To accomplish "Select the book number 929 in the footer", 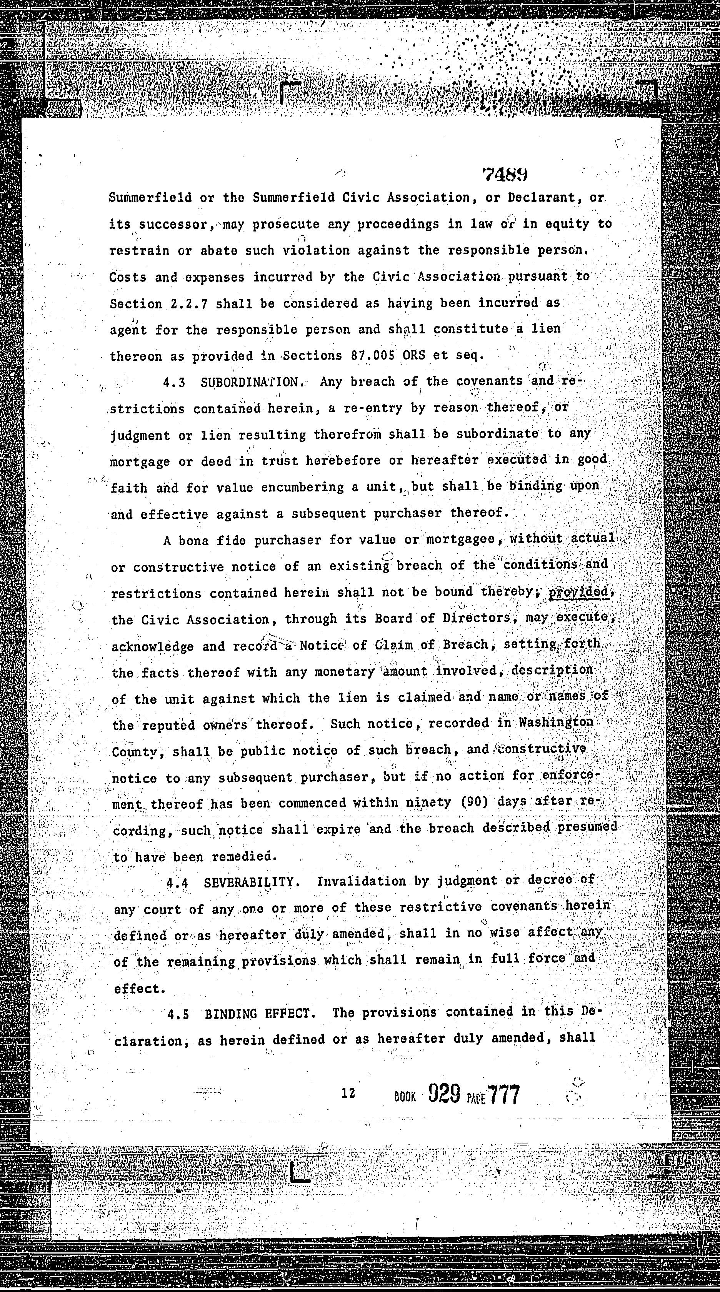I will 444,1094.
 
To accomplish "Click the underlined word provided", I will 578,592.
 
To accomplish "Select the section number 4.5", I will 178,1014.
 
